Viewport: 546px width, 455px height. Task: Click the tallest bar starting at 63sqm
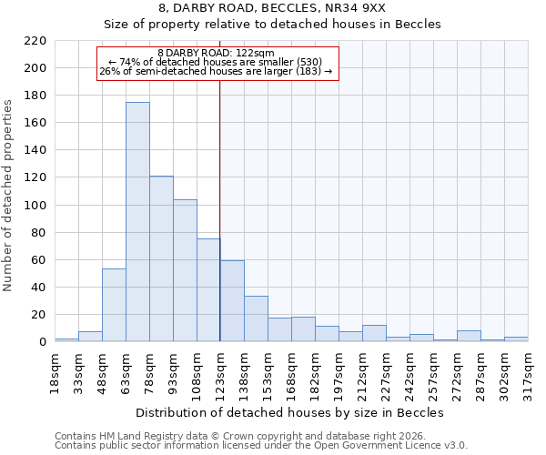coord(137,222)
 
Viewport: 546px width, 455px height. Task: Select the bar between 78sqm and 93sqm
coord(161,258)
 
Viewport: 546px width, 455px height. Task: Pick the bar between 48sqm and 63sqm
coord(114,305)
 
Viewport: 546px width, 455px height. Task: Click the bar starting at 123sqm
coord(232,301)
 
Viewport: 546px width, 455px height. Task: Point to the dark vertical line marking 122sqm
coord(219,209)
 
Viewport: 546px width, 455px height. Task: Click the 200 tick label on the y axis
coord(35,68)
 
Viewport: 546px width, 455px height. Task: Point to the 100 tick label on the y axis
coord(35,206)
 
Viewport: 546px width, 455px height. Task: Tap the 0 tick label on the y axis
coord(42,342)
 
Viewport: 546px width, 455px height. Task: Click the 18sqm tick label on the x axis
coord(55,370)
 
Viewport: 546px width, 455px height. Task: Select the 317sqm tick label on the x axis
coord(528,370)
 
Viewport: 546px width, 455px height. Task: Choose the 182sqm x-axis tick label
coord(315,370)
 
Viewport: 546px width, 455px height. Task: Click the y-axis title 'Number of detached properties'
coord(9,197)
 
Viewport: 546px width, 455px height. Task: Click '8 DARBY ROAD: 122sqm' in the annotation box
coord(216,53)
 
